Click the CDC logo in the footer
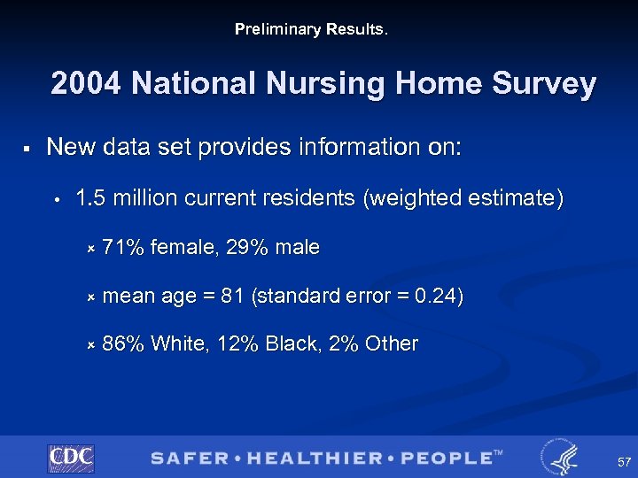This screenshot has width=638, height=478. (x=71, y=458)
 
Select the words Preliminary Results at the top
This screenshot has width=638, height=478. (x=311, y=29)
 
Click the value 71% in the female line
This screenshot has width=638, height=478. (x=122, y=248)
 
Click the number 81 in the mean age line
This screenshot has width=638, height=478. (x=233, y=296)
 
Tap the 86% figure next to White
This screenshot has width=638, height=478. (x=123, y=343)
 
